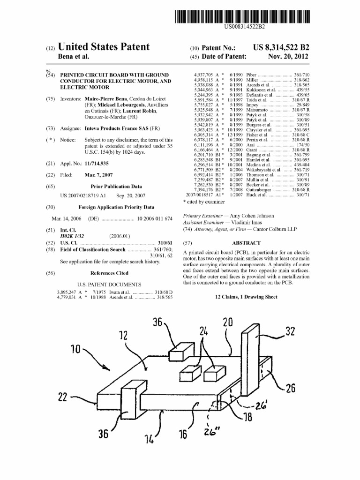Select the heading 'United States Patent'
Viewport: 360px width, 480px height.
click(103, 47)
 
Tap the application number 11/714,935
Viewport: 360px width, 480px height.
click(97, 163)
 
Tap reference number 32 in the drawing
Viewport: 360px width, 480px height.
click(291, 333)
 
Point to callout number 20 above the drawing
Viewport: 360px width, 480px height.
click(228, 323)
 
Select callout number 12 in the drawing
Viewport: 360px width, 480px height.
click(123, 336)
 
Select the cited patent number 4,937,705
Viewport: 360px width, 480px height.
click(204, 75)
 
